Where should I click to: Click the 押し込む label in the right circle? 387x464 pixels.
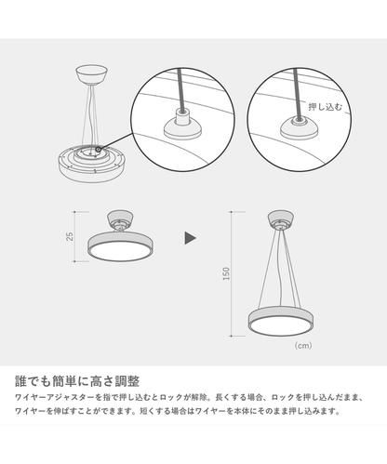click(x=326, y=107)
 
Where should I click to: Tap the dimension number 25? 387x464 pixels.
click(x=71, y=236)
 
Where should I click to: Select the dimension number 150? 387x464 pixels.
click(x=226, y=273)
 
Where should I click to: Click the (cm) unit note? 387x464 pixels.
click(x=303, y=345)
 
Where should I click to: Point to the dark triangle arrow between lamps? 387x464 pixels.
click(x=190, y=238)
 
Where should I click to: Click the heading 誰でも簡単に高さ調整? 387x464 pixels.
click(x=77, y=381)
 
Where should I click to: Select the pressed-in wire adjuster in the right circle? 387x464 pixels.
click(x=300, y=126)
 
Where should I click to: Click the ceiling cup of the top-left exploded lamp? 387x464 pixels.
click(x=92, y=74)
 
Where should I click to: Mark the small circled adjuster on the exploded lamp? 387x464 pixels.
click(x=99, y=150)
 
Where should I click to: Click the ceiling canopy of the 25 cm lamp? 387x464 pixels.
click(x=120, y=220)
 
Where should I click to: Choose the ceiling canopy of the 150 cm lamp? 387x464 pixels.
click(x=281, y=219)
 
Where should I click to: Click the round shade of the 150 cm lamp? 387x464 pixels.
click(x=281, y=322)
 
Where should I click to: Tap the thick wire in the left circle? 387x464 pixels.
click(x=181, y=89)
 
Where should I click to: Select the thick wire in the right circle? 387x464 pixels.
click(x=298, y=93)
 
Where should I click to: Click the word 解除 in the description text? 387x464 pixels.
click(x=199, y=397)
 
